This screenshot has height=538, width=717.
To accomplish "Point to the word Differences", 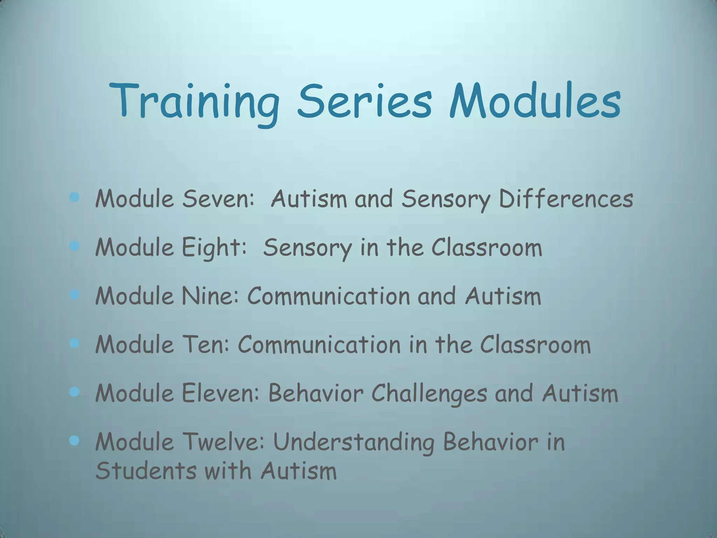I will click(x=566, y=199).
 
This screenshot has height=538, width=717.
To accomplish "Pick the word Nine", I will click(x=210, y=296).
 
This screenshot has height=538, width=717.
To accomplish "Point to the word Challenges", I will click(x=429, y=393).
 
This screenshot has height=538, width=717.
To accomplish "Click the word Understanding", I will click(x=354, y=442).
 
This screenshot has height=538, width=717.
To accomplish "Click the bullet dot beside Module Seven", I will click(x=74, y=198).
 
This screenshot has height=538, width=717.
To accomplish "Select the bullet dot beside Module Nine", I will click(x=74, y=295).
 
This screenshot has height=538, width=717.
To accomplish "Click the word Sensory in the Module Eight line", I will click(x=307, y=247).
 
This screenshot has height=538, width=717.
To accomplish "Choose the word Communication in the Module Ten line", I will click(x=319, y=345).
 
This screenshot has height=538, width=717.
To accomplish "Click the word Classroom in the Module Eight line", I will click(x=486, y=247).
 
